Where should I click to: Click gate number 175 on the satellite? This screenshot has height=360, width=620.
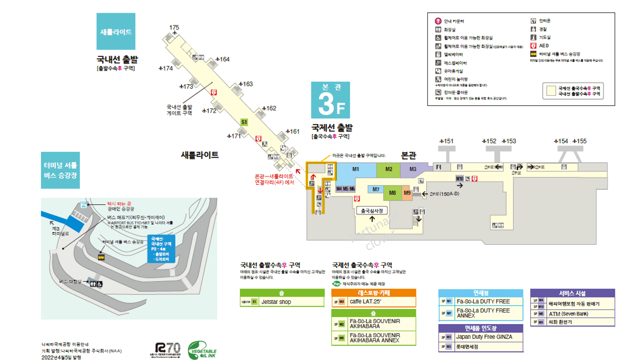pyautogui.click(x=174, y=28)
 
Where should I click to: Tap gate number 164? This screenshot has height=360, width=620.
pyautogui.click(x=224, y=59)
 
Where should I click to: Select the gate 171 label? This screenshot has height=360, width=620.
pyautogui.click(x=235, y=136)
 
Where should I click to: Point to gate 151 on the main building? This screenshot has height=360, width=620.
pyautogui.click(x=448, y=141)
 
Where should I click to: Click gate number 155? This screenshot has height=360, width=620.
pyautogui.click(x=581, y=141)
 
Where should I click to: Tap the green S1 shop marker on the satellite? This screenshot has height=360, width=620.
pyautogui.click(x=244, y=122)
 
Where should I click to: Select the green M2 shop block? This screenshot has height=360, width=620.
pyautogui.click(x=388, y=170)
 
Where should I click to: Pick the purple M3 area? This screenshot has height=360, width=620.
pyautogui.click(x=413, y=170)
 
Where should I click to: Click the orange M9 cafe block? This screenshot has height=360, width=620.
pyautogui.click(x=407, y=193)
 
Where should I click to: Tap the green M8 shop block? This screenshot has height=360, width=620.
pyautogui.click(x=393, y=193)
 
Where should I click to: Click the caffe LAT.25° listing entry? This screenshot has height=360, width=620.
pyautogui.click(x=365, y=301)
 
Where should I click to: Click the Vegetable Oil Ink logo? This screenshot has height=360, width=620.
pyautogui.click(x=202, y=350)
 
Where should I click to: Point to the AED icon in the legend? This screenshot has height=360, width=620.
pyautogui.click(x=533, y=46)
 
